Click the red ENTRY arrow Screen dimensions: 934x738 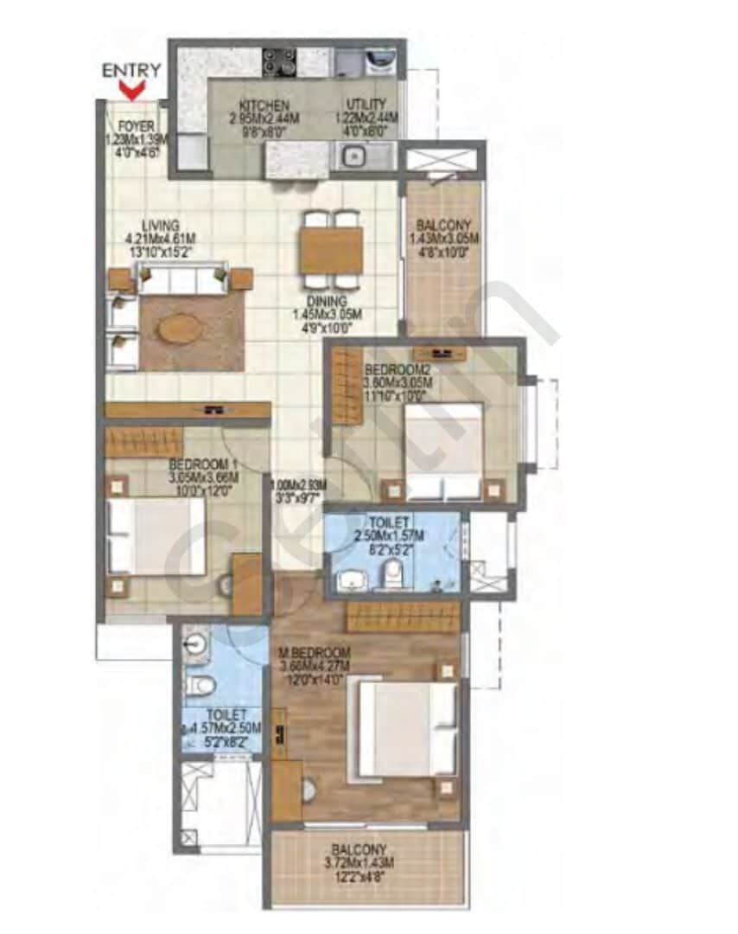click(x=132, y=88)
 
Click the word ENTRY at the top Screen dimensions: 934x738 click(x=131, y=70)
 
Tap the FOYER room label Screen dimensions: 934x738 click(x=137, y=126)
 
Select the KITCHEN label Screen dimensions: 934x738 click(x=257, y=105)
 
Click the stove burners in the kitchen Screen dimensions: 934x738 click(x=278, y=62)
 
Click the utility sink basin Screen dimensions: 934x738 click(x=354, y=157)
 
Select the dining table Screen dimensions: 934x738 click(x=333, y=251)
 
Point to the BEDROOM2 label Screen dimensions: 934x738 click(x=397, y=369)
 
